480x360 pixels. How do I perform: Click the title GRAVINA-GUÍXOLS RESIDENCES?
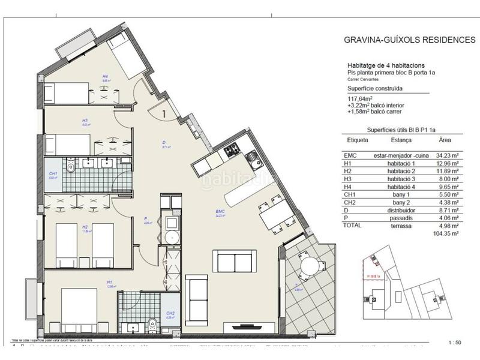tap(409, 40)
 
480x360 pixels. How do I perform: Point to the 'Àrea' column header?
tap(445, 140)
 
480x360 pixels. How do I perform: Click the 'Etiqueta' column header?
tap(358, 140)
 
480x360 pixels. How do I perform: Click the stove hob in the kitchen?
tap(231, 152)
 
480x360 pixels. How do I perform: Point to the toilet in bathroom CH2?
tap(152, 324)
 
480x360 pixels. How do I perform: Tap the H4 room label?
tap(104, 77)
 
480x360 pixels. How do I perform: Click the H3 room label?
tap(85, 120)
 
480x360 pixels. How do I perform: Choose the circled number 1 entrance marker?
tap(163, 110)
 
